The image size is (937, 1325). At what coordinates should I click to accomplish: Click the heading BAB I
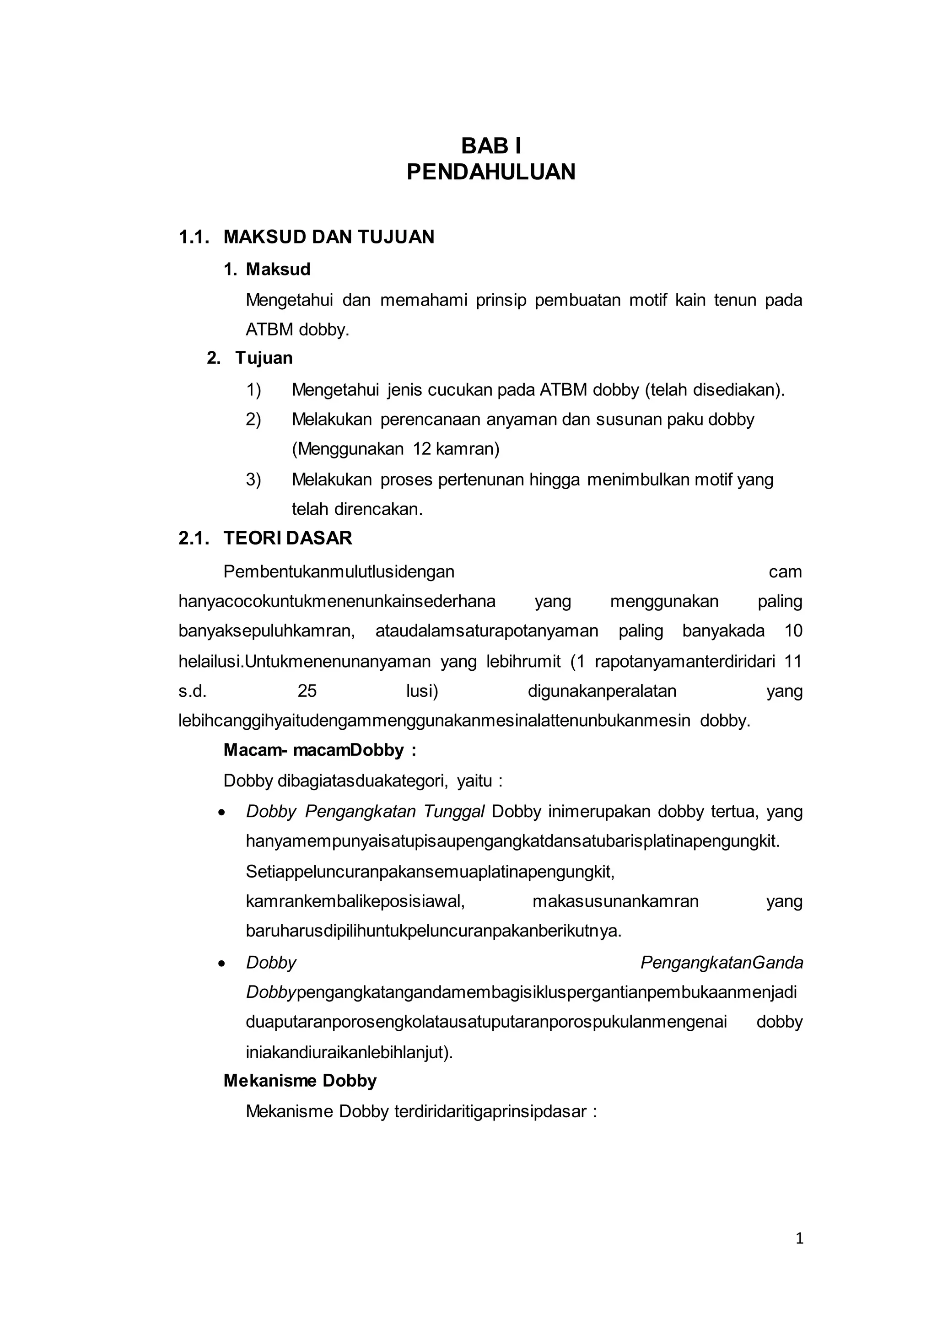491,146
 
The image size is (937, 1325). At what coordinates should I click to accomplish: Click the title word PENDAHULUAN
491,172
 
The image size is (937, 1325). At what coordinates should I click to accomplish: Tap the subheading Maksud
278,269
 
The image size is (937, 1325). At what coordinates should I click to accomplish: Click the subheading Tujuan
264,358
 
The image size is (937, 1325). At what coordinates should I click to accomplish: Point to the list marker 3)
253,479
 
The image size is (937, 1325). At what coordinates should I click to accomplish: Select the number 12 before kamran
422,449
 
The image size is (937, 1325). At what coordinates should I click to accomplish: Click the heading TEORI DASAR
287,539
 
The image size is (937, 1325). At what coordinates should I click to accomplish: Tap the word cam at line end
785,572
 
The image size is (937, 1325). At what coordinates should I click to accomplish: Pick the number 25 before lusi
307,691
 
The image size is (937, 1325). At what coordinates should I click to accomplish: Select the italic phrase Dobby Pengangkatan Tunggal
365,811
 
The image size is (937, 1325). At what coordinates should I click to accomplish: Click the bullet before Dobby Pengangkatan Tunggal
221,813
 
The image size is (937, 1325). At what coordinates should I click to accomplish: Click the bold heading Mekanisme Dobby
300,1081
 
